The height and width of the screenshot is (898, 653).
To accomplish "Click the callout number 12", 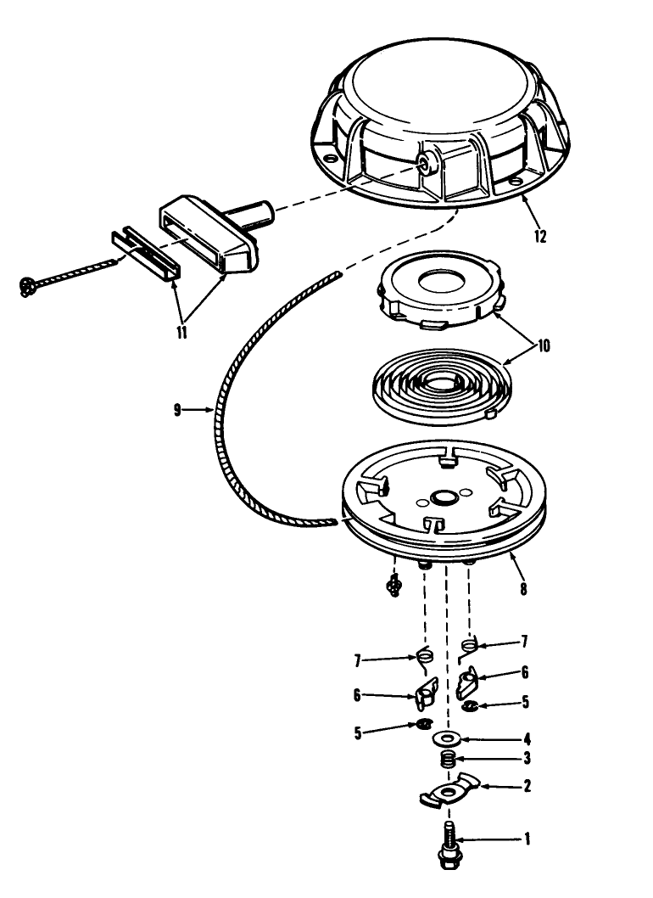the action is click(539, 236).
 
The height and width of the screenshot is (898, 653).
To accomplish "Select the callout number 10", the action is click(543, 346).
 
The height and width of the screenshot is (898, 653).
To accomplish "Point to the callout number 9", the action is click(177, 410).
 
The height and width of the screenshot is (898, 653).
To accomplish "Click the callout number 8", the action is click(523, 588).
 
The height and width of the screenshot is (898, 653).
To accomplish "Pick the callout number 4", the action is click(527, 738).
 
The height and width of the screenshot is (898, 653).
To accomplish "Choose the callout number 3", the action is click(527, 758).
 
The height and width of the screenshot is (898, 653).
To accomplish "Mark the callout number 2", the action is click(527, 786).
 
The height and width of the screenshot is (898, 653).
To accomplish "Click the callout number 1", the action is click(527, 839).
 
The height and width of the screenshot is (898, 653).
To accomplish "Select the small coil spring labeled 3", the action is click(448, 760).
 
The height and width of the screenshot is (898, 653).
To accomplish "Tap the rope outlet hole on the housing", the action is click(425, 161).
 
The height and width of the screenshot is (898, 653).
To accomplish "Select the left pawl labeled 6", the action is click(425, 692).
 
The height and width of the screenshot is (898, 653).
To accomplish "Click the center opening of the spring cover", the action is click(443, 282).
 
